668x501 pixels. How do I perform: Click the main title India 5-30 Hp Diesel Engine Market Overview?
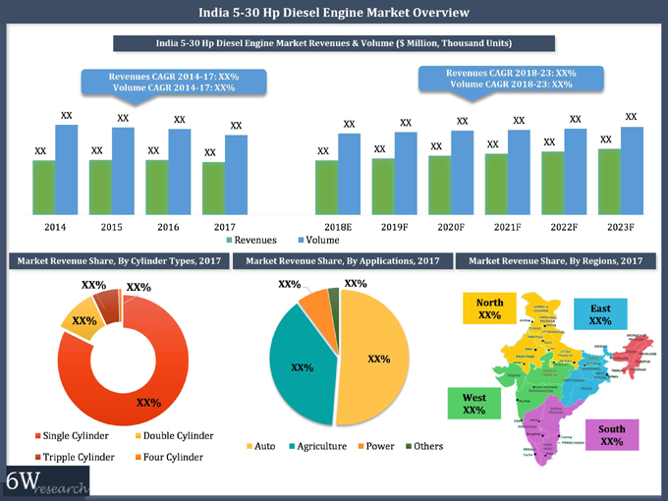[x=333, y=13]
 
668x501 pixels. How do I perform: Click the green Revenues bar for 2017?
[x=213, y=190]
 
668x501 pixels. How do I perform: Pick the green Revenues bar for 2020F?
[x=439, y=186]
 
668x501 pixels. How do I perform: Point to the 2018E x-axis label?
[x=337, y=227]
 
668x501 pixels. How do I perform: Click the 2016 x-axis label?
[x=167, y=227]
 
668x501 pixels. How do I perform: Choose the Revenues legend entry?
[x=252, y=240]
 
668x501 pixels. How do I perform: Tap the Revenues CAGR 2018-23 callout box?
[x=510, y=79]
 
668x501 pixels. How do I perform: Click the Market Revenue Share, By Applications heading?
[x=343, y=261]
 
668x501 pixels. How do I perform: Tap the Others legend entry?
[x=423, y=446]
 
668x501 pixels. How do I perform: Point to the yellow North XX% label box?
[x=489, y=308]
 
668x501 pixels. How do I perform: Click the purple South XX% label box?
[x=611, y=435]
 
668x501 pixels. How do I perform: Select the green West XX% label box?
[x=473, y=403]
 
